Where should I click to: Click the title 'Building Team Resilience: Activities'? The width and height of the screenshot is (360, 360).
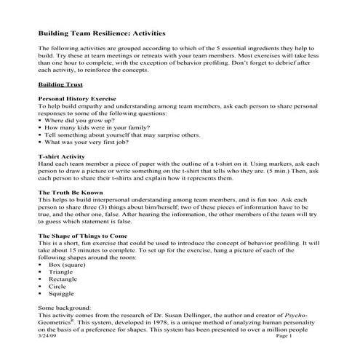coord(101,33)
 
